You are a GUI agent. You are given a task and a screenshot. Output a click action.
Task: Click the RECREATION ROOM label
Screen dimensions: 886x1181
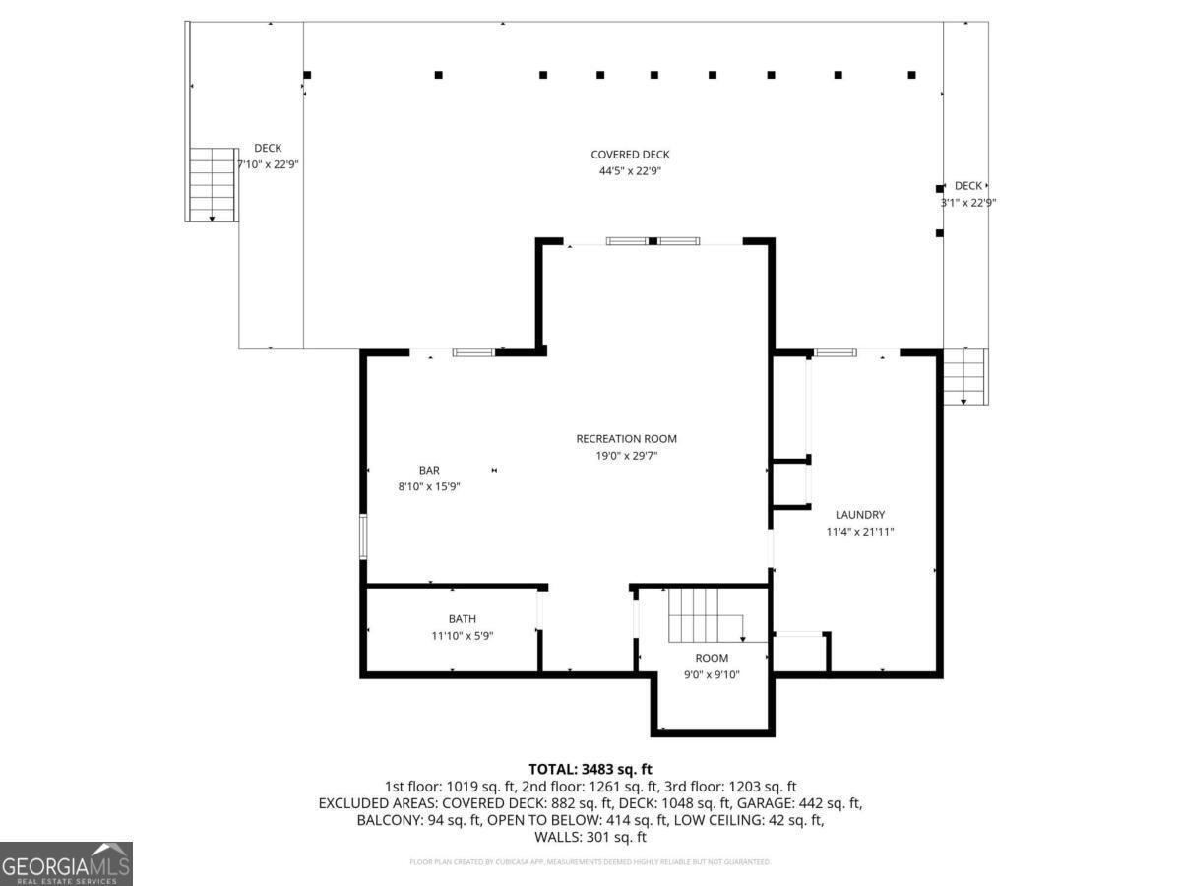point(626,439)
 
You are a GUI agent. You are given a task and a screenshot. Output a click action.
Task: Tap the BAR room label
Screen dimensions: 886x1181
point(430,470)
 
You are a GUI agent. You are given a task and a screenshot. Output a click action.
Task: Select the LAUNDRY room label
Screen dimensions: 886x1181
point(859,514)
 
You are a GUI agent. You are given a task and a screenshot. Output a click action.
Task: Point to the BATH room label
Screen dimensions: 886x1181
point(462,618)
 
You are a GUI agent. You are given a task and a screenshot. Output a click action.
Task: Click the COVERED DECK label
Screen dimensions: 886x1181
point(630,155)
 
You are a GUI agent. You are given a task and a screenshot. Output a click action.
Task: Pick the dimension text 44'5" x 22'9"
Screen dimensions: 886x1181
point(630,171)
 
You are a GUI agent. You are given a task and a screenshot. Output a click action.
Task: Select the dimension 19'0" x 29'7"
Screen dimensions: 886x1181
point(626,456)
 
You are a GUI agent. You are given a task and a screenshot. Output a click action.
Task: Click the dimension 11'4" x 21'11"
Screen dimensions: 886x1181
point(859,532)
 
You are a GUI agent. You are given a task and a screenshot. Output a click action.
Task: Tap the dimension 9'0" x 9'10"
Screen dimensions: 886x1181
point(712,674)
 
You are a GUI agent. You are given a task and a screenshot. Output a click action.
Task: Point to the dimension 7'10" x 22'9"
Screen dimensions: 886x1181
point(267,164)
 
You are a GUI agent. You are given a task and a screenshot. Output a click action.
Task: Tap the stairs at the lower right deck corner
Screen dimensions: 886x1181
point(964,377)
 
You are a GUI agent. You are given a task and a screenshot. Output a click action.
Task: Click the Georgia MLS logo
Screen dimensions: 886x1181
point(66,863)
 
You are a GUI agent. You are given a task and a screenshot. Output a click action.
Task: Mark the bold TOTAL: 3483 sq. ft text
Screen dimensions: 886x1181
point(590,769)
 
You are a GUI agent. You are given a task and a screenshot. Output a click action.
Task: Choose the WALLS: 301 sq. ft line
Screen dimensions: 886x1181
point(590,837)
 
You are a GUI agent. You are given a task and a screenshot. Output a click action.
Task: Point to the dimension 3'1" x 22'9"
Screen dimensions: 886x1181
point(967,203)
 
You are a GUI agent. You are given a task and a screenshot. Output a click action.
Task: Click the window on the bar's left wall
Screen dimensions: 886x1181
point(363,537)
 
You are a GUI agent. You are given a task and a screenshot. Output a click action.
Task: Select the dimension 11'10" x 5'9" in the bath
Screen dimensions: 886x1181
point(462,636)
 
